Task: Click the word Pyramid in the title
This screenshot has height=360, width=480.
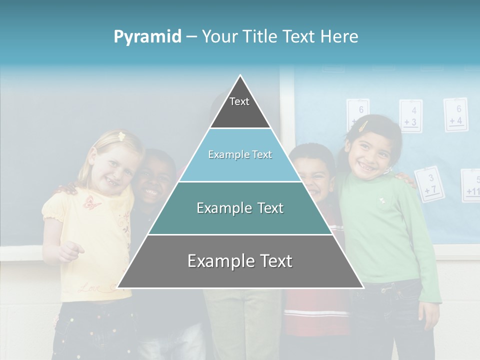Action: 147,36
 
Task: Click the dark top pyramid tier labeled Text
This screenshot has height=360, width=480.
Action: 240,107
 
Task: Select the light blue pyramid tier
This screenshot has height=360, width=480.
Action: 240,155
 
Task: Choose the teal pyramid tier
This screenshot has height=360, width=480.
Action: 240,208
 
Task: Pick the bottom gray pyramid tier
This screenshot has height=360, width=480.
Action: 240,261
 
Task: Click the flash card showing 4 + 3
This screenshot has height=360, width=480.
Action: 410,116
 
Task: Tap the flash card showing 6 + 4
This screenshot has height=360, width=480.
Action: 455,114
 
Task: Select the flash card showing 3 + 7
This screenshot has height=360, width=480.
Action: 429,184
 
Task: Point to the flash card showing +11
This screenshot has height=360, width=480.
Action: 471,185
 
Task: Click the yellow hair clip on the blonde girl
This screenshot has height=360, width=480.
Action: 120,135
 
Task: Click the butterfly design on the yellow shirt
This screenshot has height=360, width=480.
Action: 91,202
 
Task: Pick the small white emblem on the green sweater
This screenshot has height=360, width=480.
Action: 382,200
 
